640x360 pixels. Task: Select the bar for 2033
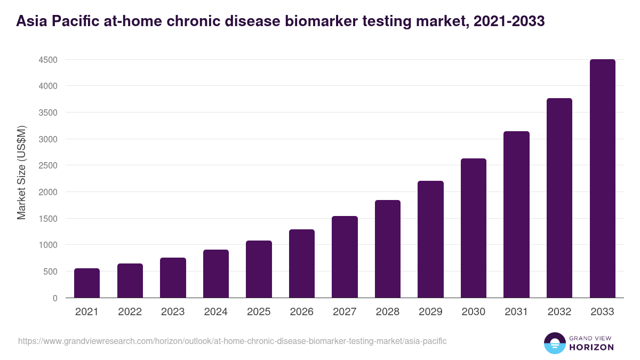tap(602, 179)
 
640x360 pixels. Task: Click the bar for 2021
tap(87, 283)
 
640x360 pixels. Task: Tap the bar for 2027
tap(345, 257)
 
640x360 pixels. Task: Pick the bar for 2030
tap(474, 228)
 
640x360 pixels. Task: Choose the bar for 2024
tap(216, 274)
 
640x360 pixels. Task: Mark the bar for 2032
tap(559, 198)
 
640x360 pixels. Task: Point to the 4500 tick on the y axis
tap(48, 60)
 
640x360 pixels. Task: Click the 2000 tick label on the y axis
tap(48, 192)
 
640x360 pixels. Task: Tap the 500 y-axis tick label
tap(50, 271)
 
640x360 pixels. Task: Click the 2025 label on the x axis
tap(259, 312)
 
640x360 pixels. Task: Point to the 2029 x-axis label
tap(430, 312)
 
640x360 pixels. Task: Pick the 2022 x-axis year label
tap(130, 312)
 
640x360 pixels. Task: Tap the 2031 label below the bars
tap(516, 312)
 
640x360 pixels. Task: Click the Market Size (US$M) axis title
tap(22, 172)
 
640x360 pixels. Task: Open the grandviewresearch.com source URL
tap(232, 341)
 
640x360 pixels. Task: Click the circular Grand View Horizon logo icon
tap(554, 343)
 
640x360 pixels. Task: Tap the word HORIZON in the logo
tap(591, 347)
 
